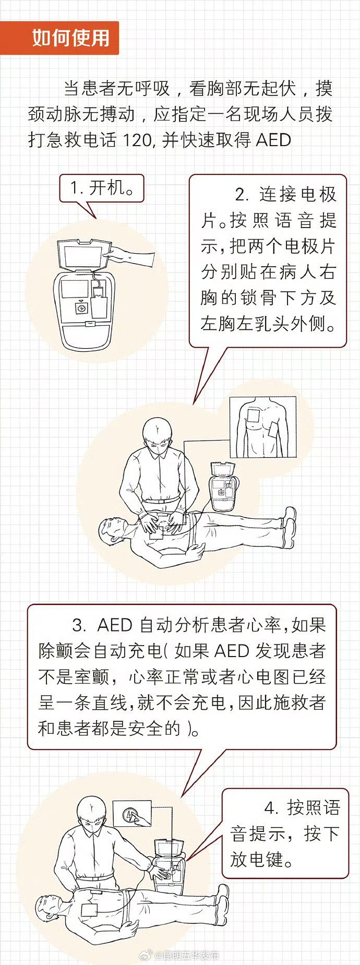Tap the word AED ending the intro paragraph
click(x=273, y=140)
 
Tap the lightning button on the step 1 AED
click(x=81, y=308)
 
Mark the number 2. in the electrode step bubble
click(x=242, y=195)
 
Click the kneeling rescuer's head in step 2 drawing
click(x=157, y=436)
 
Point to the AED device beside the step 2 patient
click(x=222, y=487)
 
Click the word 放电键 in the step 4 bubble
click(x=257, y=859)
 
